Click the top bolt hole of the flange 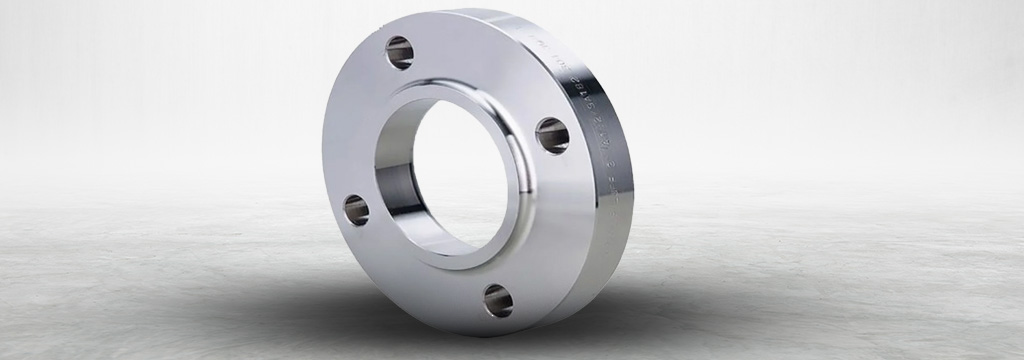point(399,52)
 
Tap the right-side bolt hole point(552,135)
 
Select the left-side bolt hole point(356,209)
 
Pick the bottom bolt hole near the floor point(498,300)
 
